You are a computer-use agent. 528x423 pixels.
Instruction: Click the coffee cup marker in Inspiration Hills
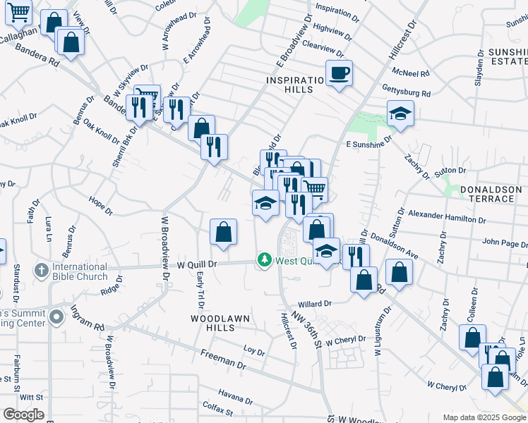340,72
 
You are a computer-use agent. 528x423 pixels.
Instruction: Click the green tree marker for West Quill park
265,261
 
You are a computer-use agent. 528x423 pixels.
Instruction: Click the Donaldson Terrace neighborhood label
488,195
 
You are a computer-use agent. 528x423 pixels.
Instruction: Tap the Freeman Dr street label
222,360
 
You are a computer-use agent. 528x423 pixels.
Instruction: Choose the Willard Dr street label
314,304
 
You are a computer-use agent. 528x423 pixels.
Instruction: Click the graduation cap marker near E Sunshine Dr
400,113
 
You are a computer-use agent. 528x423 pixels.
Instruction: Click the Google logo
23,415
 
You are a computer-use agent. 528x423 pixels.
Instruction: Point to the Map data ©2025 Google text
484,417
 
